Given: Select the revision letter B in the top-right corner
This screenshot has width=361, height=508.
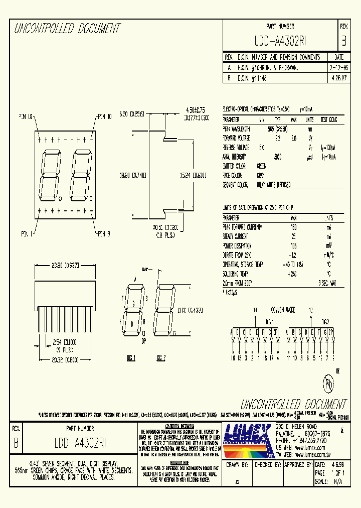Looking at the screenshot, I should click(343, 41).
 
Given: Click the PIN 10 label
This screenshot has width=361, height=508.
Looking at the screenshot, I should click(104, 117).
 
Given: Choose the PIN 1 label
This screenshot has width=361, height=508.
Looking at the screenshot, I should click(27, 233).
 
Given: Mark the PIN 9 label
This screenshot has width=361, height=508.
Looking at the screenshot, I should click(103, 233).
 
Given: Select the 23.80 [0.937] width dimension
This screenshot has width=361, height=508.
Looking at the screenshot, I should click(64, 267).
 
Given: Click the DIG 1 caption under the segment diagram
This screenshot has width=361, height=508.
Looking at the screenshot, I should click(131, 358).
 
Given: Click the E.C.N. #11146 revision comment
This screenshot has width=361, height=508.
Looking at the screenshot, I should click(253, 78).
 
